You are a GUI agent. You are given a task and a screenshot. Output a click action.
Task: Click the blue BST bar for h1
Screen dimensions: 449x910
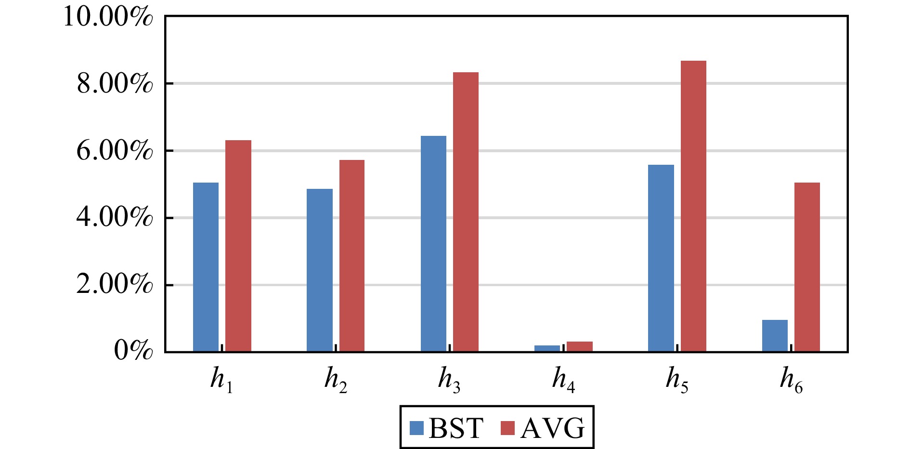[x=206, y=267]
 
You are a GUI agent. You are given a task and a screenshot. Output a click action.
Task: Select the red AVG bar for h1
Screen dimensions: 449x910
[x=238, y=246]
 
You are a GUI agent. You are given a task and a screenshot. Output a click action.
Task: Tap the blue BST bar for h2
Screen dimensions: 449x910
[x=319, y=270]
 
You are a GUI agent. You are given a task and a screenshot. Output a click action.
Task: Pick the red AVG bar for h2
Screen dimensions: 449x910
[x=352, y=255]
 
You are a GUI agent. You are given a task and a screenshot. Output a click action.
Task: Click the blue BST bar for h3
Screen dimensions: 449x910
[x=433, y=243]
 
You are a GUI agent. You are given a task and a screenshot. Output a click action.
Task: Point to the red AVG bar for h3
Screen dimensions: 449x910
[x=466, y=212]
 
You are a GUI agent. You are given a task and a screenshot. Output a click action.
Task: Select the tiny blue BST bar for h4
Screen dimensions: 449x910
[x=547, y=348]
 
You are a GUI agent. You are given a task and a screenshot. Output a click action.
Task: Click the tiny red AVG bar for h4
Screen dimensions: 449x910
[x=579, y=346]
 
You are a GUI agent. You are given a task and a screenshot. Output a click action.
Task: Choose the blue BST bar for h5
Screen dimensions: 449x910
[x=661, y=258]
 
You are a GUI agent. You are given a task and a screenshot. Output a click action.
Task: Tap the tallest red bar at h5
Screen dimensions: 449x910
[x=693, y=206]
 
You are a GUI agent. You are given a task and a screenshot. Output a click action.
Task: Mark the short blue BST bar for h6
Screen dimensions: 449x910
[x=775, y=336]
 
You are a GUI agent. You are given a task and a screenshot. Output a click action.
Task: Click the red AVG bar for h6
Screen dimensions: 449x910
[x=807, y=267]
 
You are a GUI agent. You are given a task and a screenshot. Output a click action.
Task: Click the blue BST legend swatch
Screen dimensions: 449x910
[x=416, y=428]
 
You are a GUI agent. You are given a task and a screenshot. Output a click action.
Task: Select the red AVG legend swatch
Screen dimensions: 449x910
[x=507, y=428]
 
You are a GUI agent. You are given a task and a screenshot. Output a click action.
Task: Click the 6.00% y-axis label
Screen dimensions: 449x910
[x=115, y=151]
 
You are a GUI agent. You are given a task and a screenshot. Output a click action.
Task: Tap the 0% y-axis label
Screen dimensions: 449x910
[x=133, y=351]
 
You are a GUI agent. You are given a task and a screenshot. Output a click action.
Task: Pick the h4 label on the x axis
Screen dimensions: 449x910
[x=563, y=380]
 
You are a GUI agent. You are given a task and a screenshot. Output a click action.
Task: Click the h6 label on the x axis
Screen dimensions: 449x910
[x=791, y=380]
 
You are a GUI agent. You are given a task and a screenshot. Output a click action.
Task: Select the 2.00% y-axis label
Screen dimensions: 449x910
[x=115, y=284]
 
